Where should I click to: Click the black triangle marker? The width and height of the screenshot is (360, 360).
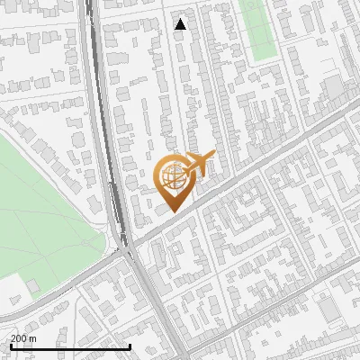(181, 24)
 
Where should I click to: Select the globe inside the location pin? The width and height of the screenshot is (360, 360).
(172, 176)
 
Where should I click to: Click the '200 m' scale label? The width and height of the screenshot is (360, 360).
(24, 338)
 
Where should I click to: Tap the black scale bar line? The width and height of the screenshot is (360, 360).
(70, 346)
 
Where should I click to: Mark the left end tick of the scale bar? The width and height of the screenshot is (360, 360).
(11, 346)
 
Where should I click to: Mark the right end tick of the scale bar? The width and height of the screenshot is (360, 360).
(130, 346)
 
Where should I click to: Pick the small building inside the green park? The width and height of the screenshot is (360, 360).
(33, 287)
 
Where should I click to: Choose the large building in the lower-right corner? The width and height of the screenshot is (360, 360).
(328, 310)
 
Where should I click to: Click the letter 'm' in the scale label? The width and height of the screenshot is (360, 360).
(32, 338)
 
